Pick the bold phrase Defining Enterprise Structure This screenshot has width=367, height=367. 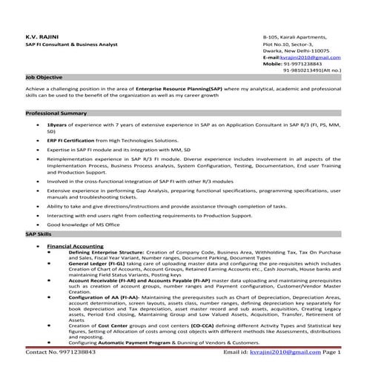[106, 252]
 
